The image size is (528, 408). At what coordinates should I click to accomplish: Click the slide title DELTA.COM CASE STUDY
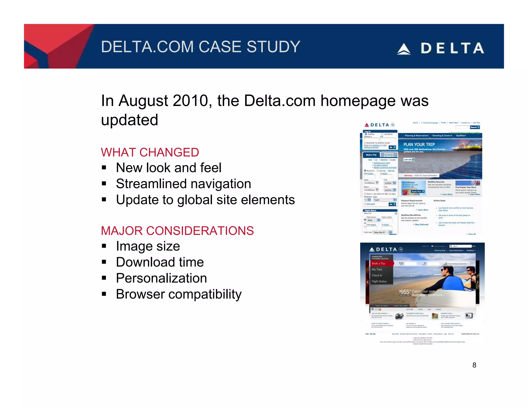pos(200,47)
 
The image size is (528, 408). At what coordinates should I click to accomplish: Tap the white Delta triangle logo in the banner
pos(403,49)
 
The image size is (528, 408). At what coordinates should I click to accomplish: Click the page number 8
pos(474,365)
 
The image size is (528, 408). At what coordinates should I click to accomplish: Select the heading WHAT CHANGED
pos(150,152)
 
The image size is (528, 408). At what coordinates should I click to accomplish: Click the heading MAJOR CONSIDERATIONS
pos(177,231)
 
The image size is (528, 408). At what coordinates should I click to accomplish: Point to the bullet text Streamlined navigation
pos(183,184)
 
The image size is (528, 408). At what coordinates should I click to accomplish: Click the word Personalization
pos(161,278)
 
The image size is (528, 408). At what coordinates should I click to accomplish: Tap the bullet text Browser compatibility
pos(179,294)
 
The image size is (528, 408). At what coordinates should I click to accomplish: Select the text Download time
pos(160,262)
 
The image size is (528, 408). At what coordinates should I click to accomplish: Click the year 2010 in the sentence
pos(190,101)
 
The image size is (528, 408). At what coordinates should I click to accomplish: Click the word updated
pos(129,120)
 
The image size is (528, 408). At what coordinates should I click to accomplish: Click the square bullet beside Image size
pos(104,246)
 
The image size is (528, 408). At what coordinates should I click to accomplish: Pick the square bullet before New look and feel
pos(104,168)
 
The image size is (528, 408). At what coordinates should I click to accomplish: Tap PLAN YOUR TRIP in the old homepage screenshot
pos(419,144)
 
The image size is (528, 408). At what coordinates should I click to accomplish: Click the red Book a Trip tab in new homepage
pos(379,263)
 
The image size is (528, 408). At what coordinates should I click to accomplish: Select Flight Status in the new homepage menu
pos(379,281)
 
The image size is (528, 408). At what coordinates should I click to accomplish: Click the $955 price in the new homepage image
pos(404,292)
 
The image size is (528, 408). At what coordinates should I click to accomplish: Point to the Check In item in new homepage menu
pos(377,275)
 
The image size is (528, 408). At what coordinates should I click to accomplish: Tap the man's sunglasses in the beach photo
pos(444,271)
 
